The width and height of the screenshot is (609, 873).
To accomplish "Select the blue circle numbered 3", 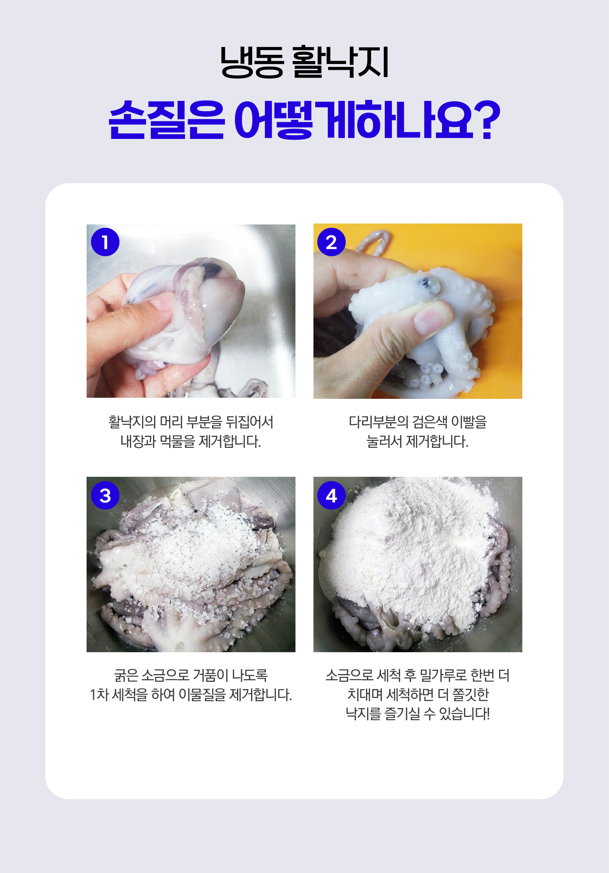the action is pyautogui.click(x=105, y=495).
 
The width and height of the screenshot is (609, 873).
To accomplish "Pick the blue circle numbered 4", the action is pyautogui.click(x=331, y=495).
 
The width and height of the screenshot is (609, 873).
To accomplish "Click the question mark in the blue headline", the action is pyautogui.click(x=488, y=120).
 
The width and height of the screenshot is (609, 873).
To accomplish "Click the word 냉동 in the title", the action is pyautogui.click(x=252, y=63).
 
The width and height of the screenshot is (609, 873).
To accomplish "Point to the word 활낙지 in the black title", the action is pyautogui.click(x=341, y=63).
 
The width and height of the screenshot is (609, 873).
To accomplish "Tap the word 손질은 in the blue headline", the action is pyautogui.click(x=166, y=120).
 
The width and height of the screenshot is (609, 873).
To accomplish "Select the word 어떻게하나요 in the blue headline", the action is pyautogui.click(x=354, y=120).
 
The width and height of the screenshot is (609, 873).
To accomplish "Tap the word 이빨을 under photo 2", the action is pyautogui.click(x=469, y=422).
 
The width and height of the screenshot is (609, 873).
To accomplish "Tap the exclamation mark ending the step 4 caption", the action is pyautogui.click(x=488, y=714).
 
